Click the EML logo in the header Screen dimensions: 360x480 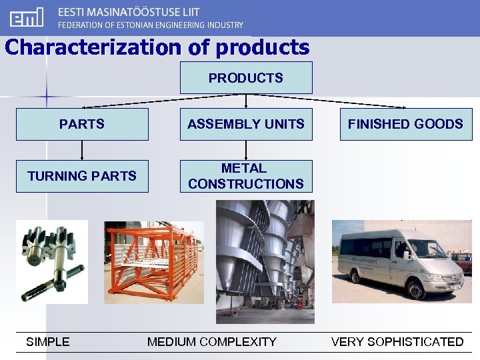pyautogui.click(x=27, y=17)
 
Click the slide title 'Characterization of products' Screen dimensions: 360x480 pyautogui.click(x=157, y=47)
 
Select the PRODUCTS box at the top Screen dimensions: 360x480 pyautogui.click(x=245, y=78)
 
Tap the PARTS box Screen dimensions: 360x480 pyautogui.click(x=82, y=124)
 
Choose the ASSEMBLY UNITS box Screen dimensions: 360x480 pyautogui.click(x=245, y=124)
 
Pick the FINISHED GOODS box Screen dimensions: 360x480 pyautogui.click(x=405, y=124)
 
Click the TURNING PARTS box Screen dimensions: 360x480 pyautogui.click(x=82, y=176)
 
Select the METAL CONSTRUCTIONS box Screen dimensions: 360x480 pyautogui.click(x=245, y=176)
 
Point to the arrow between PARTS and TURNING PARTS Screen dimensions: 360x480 pyautogui.click(x=82, y=150)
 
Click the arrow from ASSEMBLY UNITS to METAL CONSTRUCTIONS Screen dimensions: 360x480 pyautogui.click(x=246, y=150)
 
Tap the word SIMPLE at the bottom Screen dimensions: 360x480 pyautogui.click(x=47, y=342)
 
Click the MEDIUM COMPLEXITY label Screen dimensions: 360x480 pyautogui.click(x=211, y=342)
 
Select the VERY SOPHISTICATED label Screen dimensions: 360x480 pyautogui.click(x=397, y=342)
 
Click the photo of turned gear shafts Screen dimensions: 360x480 pyautogui.click(x=52, y=261)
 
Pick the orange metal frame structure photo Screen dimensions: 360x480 pyautogui.click(x=153, y=261)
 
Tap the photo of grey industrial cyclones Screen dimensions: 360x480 pyautogui.click(x=265, y=261)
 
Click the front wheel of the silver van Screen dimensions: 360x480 pyautogui.click(x=418, y=289)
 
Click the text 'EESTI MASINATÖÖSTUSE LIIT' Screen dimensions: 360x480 pyautogui.click(x=129, y=12)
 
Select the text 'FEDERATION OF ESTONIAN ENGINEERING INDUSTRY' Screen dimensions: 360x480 pyautogui.click(x=151, y=25)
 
